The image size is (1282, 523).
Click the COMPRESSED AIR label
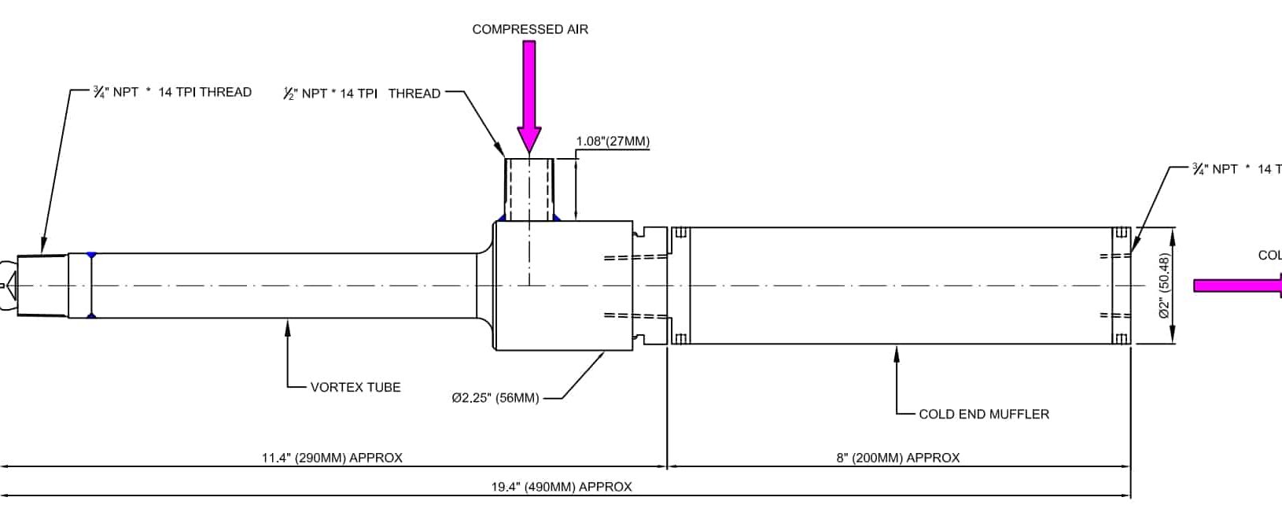(x=529, y=30)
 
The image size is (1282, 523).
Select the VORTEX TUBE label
(x=355, y=387)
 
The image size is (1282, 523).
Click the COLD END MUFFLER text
(x=983, y=414)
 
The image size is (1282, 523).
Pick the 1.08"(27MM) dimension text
(x=613, y=142)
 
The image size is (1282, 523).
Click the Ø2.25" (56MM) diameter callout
(x=495, y=398)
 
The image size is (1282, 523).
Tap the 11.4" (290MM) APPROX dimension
(x=332, y=458)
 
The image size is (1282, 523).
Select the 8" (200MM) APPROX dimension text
(x=897, y=458)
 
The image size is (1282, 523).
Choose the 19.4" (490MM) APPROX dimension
(x=562, y=487)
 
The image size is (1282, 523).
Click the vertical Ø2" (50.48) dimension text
(x=1165, y=285)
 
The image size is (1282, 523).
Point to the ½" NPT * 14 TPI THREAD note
(x=362, y=94)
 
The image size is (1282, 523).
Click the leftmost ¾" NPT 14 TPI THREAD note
(x=172, y=92)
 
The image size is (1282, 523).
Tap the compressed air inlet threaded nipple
(x=529, y=189)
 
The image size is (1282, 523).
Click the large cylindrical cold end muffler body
(x=901, y=285)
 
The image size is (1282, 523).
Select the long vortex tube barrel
(x=283, y=285)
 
